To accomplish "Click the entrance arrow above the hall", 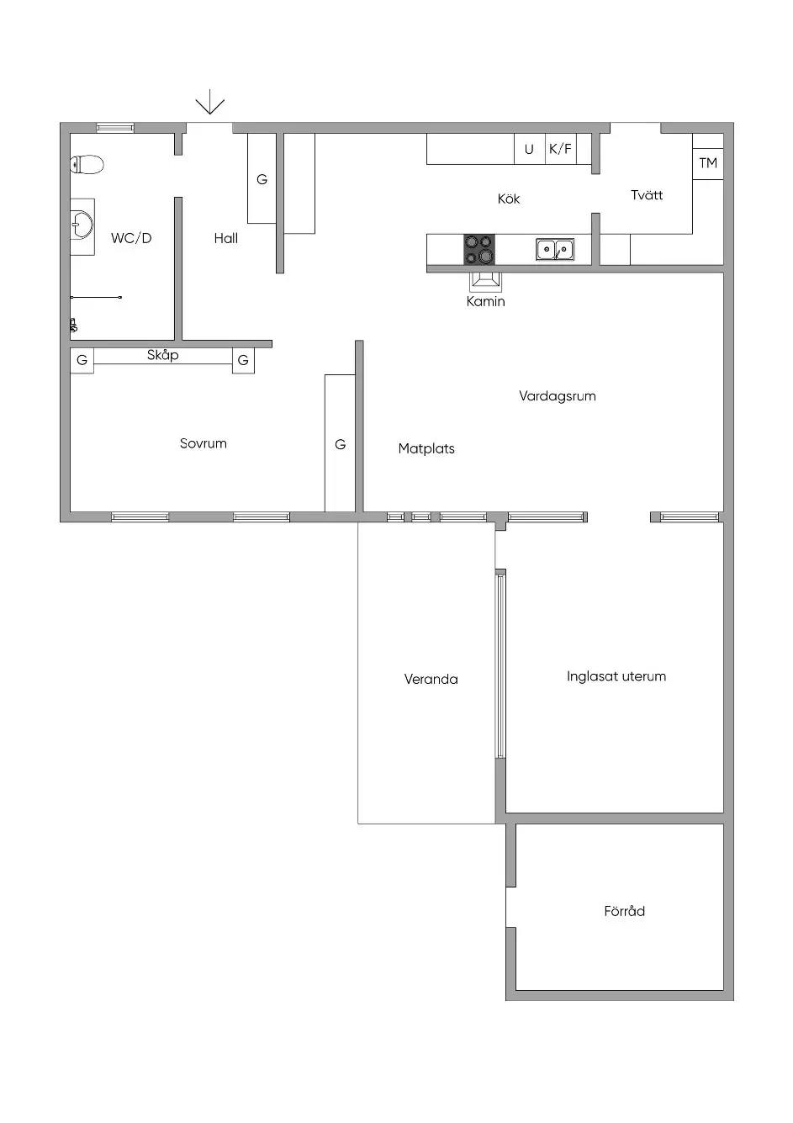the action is [x=209, y=102].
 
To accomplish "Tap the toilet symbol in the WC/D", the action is [x=87, y=164].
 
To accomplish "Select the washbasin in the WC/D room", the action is [x=82, y=225].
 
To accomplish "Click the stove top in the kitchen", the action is [x=479, y=249].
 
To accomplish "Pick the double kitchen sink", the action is [x=555, y=249].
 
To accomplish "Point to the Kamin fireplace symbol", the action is [x=485, y=283].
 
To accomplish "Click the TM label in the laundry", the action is [x=708, y=163].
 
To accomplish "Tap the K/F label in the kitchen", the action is [x=560, y=149].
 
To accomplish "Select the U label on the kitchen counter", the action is [x=529, y=150].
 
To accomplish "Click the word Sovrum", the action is [x=203, y=443].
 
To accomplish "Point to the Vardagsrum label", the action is [x=558, y=396].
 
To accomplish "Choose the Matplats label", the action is [x=426, y=448].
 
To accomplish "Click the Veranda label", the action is [x=431, y=680].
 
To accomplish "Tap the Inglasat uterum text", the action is [x=616, y=676].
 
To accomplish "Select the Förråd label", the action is [x=625, y=911].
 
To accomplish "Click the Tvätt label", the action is [x=647, y=195].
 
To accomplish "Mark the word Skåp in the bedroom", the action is [x=163, y=356].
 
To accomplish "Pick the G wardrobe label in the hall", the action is [x=262, y=179].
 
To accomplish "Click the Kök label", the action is [x=509, y=199].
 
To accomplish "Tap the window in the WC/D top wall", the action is [x=115, y=127].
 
